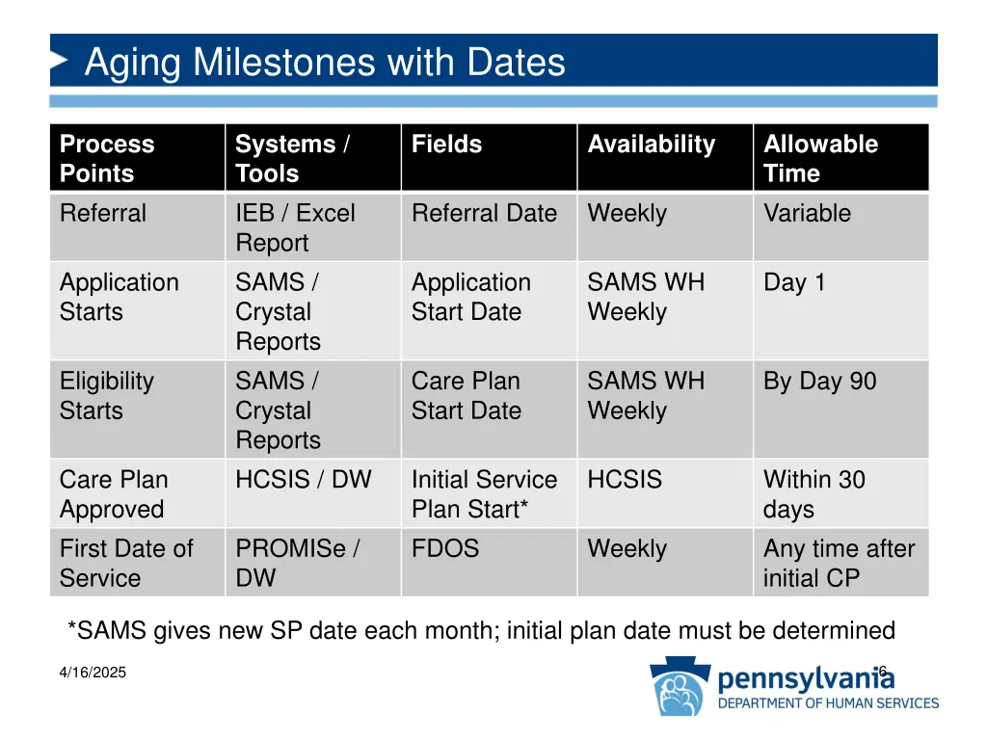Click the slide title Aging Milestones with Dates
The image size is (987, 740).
coord(325,63)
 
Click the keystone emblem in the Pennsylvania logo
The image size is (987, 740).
coord(681,687)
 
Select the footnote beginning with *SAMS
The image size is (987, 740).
coord(481,631)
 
